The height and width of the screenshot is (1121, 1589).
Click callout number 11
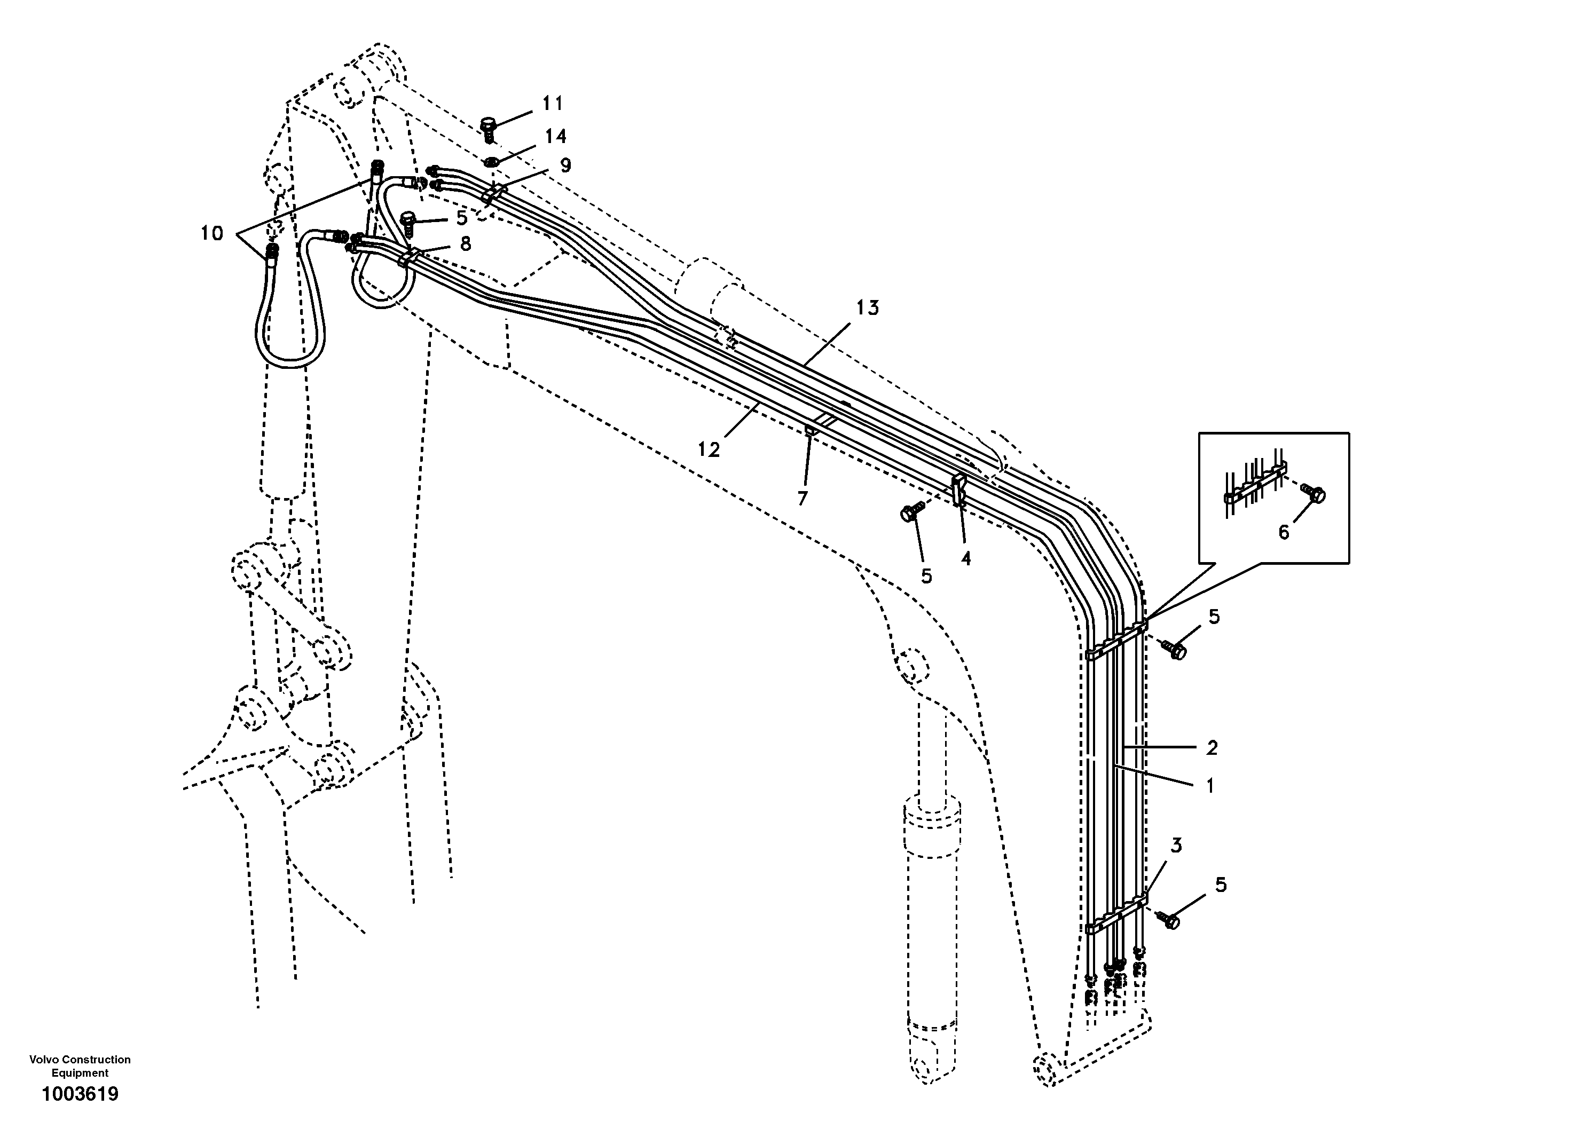552,104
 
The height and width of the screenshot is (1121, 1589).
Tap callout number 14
555,136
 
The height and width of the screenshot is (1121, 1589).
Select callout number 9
565,165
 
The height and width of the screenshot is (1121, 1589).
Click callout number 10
212,234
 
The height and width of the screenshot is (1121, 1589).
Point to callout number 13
867,308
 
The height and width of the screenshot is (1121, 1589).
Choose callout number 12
709,450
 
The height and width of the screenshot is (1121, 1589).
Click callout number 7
802,498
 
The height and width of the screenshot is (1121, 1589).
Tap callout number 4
965,558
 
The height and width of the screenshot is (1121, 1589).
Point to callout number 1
1210,786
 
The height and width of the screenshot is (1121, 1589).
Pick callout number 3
1176,846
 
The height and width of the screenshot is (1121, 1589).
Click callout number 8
465,243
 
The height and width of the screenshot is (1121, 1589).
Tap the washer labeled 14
490,162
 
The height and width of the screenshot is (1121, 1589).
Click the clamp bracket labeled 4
959,489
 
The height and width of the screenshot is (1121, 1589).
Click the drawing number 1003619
80,1094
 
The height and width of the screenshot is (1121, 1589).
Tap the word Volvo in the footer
45,1060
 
